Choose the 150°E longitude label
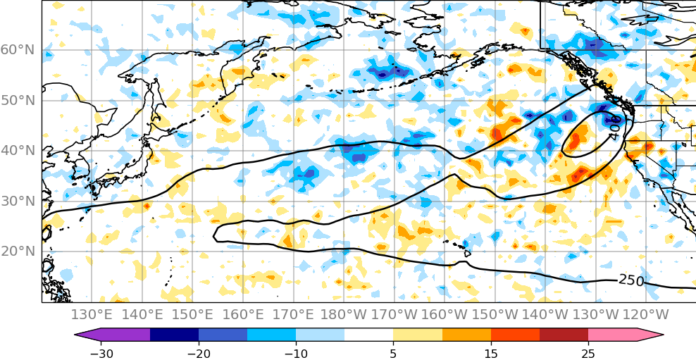point(193,314)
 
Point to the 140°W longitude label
point(545,314)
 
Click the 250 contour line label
point(631,280)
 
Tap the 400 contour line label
point(614,128)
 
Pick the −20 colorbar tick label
point(199,352)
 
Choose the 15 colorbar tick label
point(491,352)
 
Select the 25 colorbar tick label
point(588,352)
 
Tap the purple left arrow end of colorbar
point(88,335)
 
